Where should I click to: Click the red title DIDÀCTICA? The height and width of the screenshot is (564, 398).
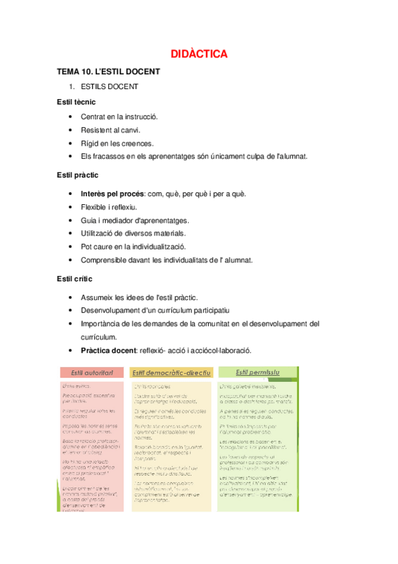(199, 54)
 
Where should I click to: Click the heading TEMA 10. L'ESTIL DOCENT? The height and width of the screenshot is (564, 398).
(108, 72)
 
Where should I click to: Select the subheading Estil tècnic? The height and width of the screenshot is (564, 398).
(76, 102)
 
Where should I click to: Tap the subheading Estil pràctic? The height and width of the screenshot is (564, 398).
(78, 175)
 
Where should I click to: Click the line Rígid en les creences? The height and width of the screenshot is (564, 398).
(117, 143)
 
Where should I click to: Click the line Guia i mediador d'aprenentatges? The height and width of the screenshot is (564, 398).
(135, 220)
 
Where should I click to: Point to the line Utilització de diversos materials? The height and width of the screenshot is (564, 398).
(134, 233)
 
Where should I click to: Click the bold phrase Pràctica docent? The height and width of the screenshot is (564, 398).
(110, 351)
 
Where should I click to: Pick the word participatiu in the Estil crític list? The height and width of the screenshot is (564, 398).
(208, 311)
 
